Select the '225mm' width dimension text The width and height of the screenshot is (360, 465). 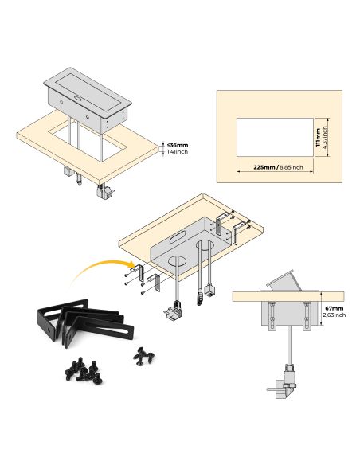(x=265, y=168)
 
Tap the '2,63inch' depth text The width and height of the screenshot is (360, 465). (x=335, y=315)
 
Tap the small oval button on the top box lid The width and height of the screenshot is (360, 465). (x=79, y=100)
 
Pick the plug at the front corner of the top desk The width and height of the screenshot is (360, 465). (x=104, y=191)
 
